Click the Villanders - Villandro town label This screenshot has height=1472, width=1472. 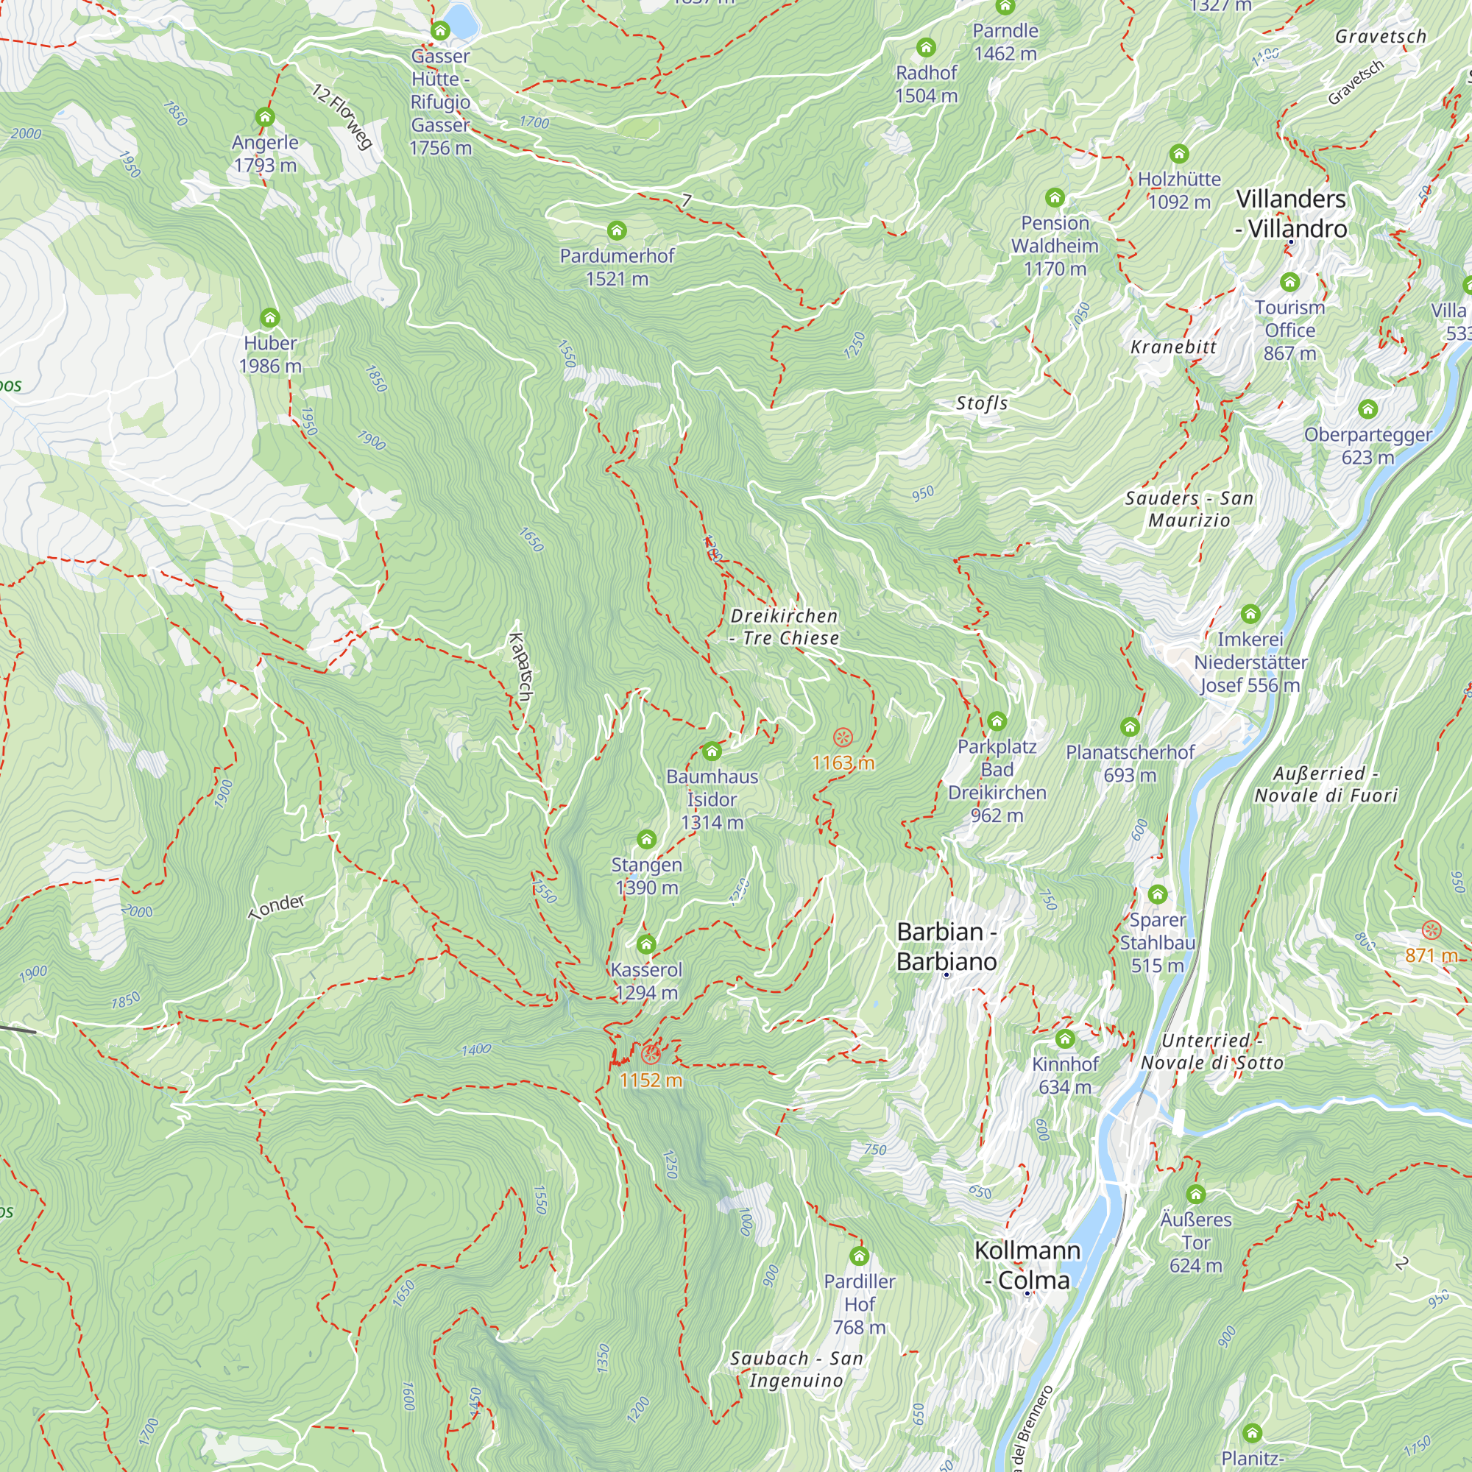pyautogui.click(x=1291, y=213)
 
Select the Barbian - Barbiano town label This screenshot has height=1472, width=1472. pyautogui.click(x=946, y=946)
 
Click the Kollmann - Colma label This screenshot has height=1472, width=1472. pyautogui.click(x=1027, y=1264)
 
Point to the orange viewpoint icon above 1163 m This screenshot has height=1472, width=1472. pyautogui.click(x=842, y=737)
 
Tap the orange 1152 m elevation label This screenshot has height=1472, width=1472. pyautogui.click(x=651, y=1080)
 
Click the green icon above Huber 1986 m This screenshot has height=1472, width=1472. pyautogui.click(x=269, y=318)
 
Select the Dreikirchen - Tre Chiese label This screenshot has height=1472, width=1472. pyautogui.click(x=784, y=626)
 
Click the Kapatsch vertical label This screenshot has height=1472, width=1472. pyautogui.click(x=521, y=666)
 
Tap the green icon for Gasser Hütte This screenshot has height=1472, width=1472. pyautogui.click(x=439, y=31)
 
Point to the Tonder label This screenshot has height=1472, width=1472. pyautogui.click(x=277, y=906)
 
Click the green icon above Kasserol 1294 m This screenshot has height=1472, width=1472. pyautogui.click(x=646, y=945)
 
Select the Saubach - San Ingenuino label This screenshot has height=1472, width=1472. pyautogui.click(x=796, y=1369)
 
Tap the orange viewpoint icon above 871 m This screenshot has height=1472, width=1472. pyautogui.click(x=1432, y=930)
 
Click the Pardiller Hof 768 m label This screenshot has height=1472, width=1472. pyautogui.click(x=860, y=1303)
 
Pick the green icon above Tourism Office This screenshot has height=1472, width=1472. pyautogui.click(x=1289, y=282)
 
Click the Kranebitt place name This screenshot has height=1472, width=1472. pyautogui.click(x=1173, y=347)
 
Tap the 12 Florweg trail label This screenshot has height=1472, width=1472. pyautogui.click(x=342, y=116)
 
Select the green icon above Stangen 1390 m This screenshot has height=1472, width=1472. pyautogui.click(x=646, y=840)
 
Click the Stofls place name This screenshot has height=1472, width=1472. pyautogui.click(x=981, y=403)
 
